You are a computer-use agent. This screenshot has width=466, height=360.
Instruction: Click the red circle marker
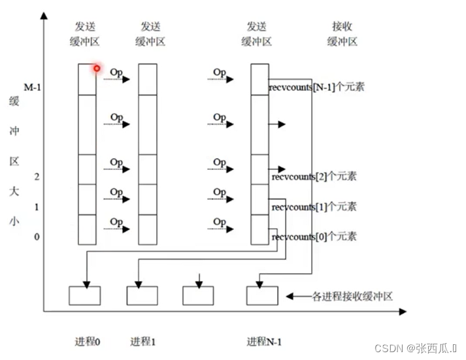pyautogui.click(x=97, y=68)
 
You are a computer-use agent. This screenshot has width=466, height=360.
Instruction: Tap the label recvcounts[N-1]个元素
pyautogui.click(x=316, y=86)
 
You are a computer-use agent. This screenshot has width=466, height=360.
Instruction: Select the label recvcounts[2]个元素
pyautogui.click(x=314, y=176)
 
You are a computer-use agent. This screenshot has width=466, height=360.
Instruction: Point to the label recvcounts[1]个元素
pyautogui.click(x=314, y=206)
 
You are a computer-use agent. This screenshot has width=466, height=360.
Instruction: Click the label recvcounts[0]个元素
pyautogui.click(x=314, y=236)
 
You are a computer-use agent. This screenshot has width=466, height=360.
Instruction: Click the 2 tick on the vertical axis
pyautogui.click(x=37, y=176)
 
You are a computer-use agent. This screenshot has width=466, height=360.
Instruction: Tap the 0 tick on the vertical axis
pyautogui.click(x=37, y=236)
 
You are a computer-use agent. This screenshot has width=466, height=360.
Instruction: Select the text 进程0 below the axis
pyautogui.click(x=88, y=341)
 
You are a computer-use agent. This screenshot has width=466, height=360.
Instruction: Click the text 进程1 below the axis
pyautogui.click(x=144, y=341)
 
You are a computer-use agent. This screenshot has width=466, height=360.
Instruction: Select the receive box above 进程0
pyautogui.click(x=85, y=295)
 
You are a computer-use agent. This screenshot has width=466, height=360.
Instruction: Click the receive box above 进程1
pyautogui.click(x=142, y=295)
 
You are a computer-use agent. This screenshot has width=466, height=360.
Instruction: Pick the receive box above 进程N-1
pyautogui.click(x=262, y=295)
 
